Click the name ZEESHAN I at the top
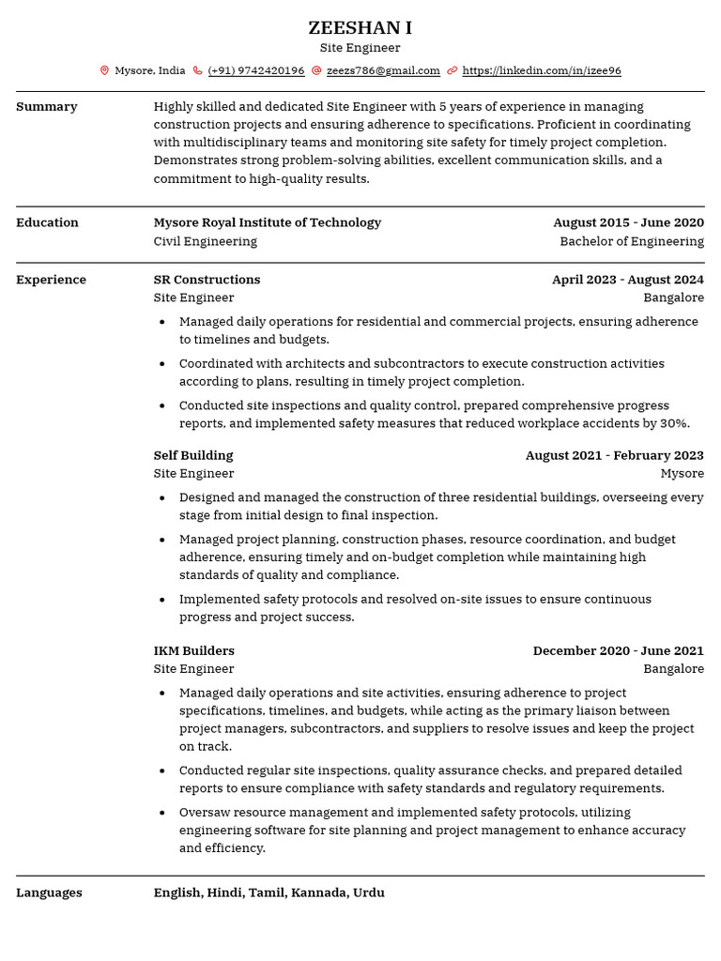(360, 27)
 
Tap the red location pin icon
(104, 70)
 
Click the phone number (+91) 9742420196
(255, 70)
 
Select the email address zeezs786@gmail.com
(383, 70)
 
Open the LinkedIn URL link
(542, 70)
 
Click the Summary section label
(47, 107)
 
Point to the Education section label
(47, 222)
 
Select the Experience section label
(51, 280)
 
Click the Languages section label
(49, 892)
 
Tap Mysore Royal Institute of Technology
(268, 222)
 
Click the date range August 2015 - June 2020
(628, 222)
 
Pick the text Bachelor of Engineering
(632, 241)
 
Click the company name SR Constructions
(207, 280)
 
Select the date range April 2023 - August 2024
(627, 280)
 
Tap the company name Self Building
(193, 455)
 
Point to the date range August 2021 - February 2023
(614, 455)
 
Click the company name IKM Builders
(194, 650)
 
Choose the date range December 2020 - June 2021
(618, 650)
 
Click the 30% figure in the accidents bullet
(675, 423)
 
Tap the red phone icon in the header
(197, 70)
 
